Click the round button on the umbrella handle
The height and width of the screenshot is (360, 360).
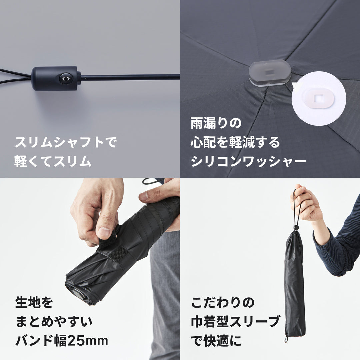65,79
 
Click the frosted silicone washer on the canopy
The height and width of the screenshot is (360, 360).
269,73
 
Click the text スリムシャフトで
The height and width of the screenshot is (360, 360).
66,143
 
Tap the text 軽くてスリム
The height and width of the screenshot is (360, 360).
53,161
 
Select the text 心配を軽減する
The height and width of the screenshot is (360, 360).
235,143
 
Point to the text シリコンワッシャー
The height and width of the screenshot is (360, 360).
248,162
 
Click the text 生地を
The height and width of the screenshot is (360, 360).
34,303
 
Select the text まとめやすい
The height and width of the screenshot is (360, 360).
54,322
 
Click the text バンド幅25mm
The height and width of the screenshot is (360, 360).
62,341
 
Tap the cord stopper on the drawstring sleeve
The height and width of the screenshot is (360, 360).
295,228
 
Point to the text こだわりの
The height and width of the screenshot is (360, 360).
223,303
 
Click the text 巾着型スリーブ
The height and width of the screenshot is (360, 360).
235,322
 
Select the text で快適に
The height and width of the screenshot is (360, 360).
216,341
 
